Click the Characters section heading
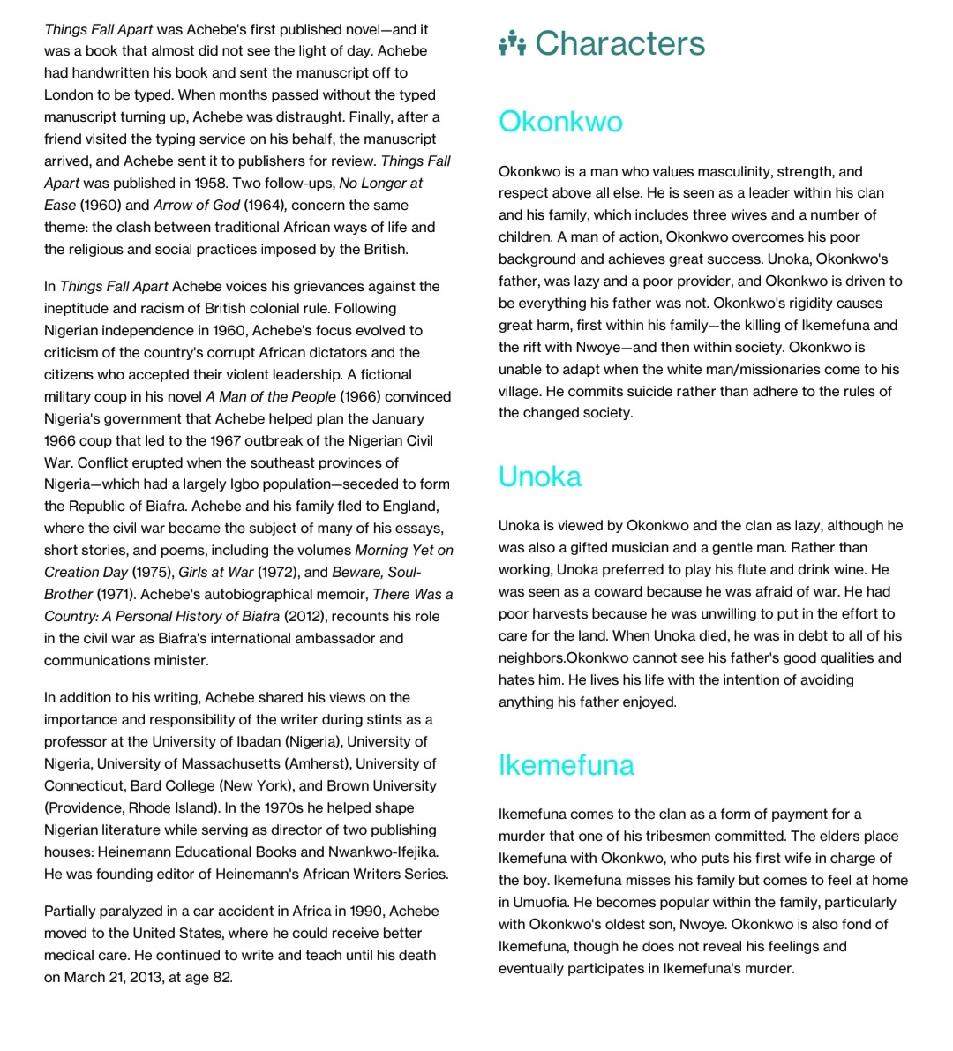(x=619, y=43)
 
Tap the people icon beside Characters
(x=512, y=43)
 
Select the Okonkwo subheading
(x=560, y=122)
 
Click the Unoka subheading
(x=539, y=477)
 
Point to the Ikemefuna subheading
(x=566, y=765)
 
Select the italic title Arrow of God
(x=196, y=205)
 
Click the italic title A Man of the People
(x=271, y=396)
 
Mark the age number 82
(x=222, y=977)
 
